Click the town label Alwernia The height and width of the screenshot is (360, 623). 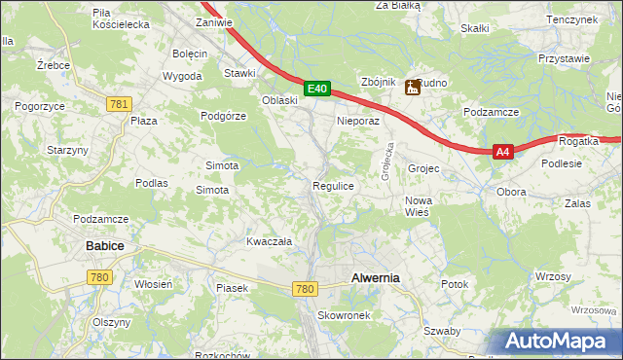375,277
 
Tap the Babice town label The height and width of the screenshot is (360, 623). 104,246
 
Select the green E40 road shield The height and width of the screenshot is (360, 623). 316,89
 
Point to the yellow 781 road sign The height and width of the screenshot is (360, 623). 120,104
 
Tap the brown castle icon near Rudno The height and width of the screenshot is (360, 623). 413,88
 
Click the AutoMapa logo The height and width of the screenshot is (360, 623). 558,342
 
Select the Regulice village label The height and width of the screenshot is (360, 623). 332,185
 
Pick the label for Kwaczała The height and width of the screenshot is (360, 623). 270,241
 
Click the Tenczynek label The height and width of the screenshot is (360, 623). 571,19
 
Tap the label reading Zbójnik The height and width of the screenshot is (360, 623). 378,83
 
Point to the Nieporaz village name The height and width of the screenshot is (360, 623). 356,122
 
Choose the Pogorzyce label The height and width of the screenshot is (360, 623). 39,104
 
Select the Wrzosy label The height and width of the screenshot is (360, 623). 553,277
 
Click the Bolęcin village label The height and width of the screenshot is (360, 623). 190,53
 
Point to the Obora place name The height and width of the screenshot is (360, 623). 511,192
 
